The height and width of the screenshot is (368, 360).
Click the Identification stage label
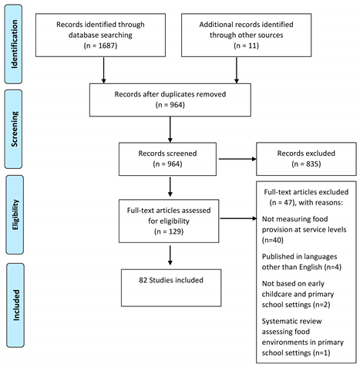(x=14, y=44)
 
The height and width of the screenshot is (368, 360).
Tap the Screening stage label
(x=14, y=129)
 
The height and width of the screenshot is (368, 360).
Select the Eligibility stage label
(x=15, y=214)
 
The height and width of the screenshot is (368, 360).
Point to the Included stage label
(x=15, y=306)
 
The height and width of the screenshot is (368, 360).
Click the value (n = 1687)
(x=100, y=46)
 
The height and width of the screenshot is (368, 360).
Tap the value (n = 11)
(x=246, y=46)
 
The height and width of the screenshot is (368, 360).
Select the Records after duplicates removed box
(x=170, y=100)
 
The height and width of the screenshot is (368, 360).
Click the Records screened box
(x=167, y=159)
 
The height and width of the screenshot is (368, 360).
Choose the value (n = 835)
(x=306, y=164)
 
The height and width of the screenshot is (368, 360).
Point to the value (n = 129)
(x=169, y=231)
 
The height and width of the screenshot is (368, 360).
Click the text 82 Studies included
(x=171, y=280)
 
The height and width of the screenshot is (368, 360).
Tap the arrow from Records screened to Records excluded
(x=237, y=159)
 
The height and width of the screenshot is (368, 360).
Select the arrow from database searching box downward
(x=103, y=70)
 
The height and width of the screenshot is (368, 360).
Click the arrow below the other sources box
(x=237, y=70)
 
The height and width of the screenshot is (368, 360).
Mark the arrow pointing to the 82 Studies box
(x=170, y=255)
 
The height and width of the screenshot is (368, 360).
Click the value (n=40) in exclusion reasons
(x=273, y=240)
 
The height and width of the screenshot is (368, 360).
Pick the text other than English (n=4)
(x=301, y=267)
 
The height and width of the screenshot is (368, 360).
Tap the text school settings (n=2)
(x=296, y=305)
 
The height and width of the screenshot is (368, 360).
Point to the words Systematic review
(x=292, y=321)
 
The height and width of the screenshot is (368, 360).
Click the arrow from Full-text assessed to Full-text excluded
(x=238, y=218)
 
